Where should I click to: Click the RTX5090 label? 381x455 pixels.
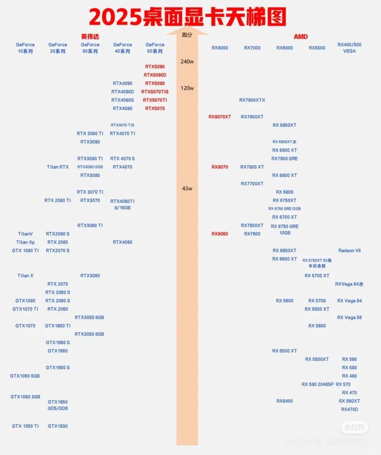(155, 67)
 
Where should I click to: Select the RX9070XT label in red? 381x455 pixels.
(220, 117)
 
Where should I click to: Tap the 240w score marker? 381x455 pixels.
(187, 61)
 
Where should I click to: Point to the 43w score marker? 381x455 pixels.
(187, 188)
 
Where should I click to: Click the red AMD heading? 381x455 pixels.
(301, 36)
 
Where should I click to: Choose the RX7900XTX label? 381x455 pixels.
(252, 100)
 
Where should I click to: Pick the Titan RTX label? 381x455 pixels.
(58, 167)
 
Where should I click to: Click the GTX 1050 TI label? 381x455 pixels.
(25, 426)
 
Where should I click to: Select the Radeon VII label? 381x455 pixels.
(349, 250)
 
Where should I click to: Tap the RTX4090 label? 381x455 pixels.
(122, 83)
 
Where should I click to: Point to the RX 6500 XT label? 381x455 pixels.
(284, 351)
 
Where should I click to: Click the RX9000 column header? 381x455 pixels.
(220, 48)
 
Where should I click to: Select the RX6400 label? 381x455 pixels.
(284, 401)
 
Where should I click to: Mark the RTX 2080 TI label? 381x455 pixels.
(58, 200)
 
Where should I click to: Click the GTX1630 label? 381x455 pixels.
(58, 426)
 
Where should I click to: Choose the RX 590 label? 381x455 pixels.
(349, 359)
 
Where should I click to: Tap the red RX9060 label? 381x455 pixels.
(220, 234)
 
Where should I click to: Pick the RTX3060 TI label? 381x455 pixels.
(90, 225)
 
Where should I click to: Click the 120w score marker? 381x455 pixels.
(187, 88)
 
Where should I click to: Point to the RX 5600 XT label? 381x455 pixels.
(317, 309)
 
